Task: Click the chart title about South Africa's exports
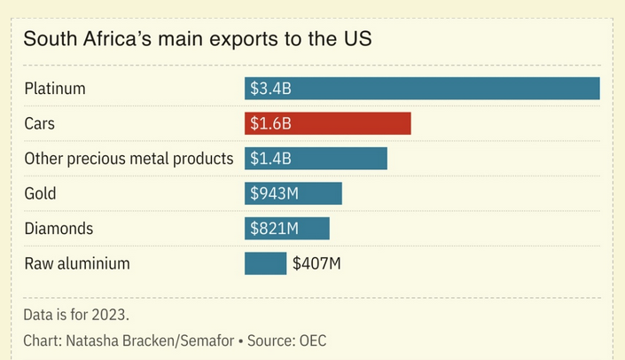click(197, 39)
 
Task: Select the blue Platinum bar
click(422, 89)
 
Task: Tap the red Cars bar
click(328, 123)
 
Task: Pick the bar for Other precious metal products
click(316, 159)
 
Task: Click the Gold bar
click(293, 193)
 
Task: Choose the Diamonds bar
click(287, 229)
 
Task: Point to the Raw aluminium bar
click(266, 263)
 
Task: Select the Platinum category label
click(54, 89)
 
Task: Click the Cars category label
click(40, 123)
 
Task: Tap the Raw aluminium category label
click(77, 263)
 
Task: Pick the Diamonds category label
click(59, 229)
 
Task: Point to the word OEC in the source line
click(312, 340)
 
